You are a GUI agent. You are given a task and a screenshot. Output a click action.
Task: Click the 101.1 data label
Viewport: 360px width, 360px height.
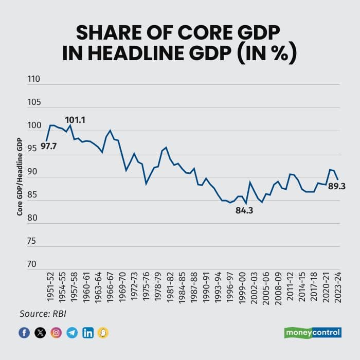pos(75,120)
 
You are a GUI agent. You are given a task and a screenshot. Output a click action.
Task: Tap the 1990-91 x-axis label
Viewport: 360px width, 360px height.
pos(206,287)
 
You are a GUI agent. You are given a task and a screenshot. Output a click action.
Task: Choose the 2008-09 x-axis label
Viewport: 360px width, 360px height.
pos(278,287)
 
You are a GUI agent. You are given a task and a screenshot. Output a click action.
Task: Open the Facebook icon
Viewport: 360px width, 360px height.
pos(24,332)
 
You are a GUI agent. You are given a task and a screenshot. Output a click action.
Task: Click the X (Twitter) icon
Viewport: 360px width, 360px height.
pos(40,332)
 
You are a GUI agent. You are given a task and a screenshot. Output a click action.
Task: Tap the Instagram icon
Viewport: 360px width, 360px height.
pos(56,332)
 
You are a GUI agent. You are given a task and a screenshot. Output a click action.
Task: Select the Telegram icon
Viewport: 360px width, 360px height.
pos(72,332)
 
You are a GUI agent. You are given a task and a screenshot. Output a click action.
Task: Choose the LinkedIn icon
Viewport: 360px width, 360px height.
pos(88,332)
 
